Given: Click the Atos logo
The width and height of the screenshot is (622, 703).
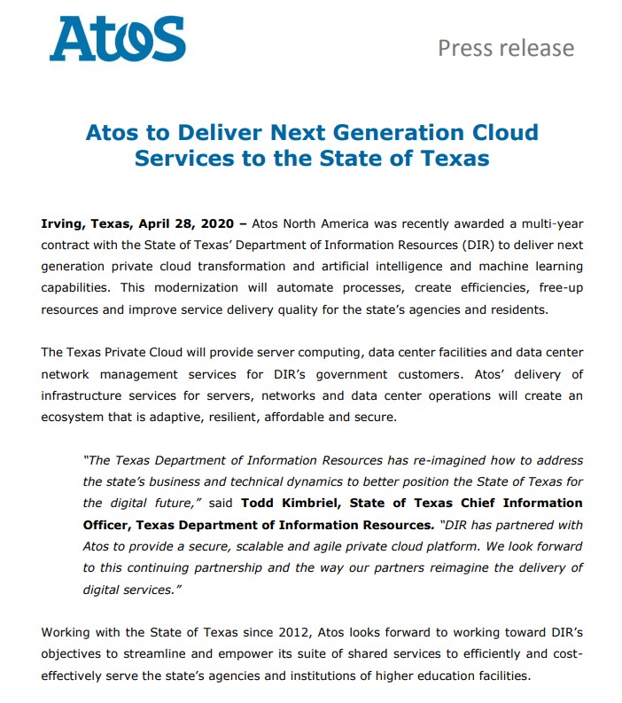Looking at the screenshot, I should tap(117, 40).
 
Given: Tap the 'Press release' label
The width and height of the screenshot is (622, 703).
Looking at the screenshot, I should tap(505, 47).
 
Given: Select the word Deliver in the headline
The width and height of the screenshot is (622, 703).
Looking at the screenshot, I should tap(202, 133).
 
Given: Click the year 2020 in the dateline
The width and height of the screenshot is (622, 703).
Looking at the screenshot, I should tap(217, 223).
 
